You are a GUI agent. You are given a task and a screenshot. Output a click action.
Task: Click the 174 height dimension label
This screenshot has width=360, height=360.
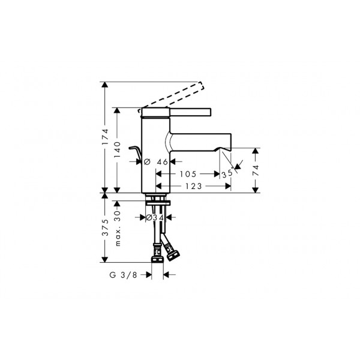105,137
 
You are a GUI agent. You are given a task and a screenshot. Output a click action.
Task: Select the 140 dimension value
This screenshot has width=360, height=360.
118,149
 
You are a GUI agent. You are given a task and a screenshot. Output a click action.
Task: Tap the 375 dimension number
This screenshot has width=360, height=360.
105,227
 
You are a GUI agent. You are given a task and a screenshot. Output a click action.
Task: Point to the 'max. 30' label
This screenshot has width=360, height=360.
118,228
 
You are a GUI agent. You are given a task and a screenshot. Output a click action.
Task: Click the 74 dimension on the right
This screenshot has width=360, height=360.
256,170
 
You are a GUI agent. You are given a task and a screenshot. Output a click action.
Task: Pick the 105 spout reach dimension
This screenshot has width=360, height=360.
188,174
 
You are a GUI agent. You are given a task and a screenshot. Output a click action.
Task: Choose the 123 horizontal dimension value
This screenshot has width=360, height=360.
194,186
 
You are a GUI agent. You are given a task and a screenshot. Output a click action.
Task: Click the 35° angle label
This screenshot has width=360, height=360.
227,173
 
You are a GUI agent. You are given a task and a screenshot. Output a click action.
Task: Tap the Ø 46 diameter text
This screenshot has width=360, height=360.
156,162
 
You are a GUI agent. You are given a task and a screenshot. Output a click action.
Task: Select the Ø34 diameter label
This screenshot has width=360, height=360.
155,217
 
